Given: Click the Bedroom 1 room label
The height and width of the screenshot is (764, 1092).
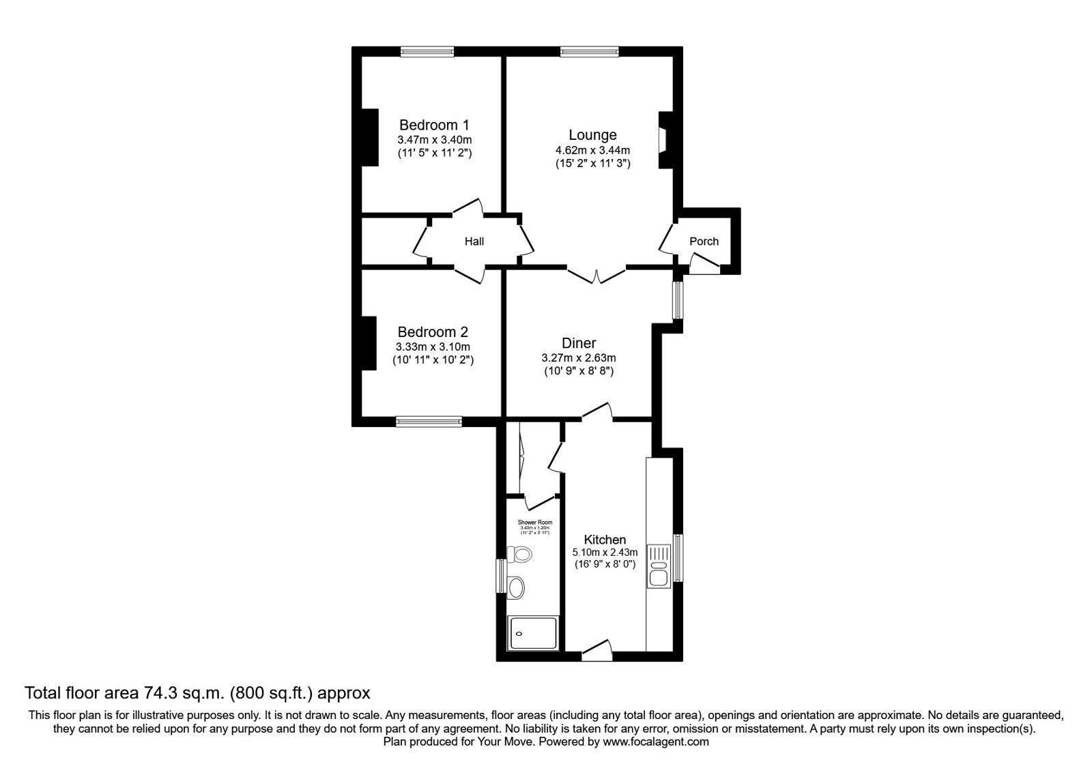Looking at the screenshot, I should pos(434,125).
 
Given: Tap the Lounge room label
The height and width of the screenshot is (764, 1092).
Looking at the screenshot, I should pos(592,135).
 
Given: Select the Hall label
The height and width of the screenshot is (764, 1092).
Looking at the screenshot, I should pos(474,241).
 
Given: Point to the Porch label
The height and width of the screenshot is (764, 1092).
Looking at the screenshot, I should pos(704,241).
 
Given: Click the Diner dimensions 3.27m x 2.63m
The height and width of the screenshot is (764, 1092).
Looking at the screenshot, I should pos(578,357).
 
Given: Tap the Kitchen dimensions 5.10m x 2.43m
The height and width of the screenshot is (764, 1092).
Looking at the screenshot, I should pos(605,553).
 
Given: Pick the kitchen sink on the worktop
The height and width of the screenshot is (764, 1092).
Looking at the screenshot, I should pos(659,566).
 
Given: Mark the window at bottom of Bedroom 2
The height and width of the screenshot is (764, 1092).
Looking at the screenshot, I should pos(429,422).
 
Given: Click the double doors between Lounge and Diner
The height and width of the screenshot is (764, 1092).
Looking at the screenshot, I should pos(596,275).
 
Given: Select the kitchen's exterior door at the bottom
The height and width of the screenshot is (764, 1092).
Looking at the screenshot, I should pos(597,651).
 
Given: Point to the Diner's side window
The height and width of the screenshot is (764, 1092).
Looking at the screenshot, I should pos(677,300).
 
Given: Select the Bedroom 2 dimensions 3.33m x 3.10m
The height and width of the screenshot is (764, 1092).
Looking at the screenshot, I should pos(433,347).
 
